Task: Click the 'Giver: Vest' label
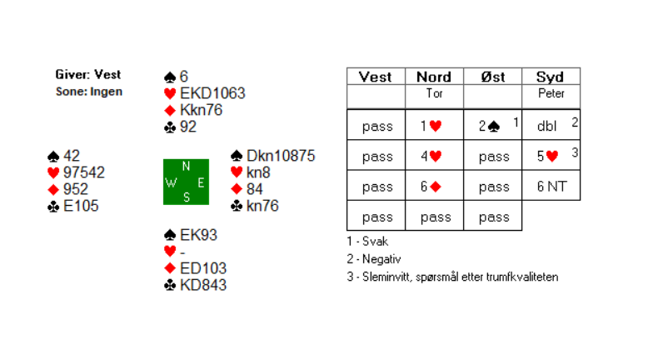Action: pos(88,75)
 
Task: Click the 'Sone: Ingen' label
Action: pos(88,91)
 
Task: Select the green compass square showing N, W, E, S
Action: pos(186,182)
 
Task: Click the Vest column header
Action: pos(376,77)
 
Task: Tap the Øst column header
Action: pos(492,77)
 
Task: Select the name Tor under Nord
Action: pos(434,93)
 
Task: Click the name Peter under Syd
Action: pos(551,93)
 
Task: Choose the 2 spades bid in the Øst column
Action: pos(488,127)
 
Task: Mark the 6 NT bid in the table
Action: pos(551,187)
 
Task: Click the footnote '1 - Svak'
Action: pos(366,242)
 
